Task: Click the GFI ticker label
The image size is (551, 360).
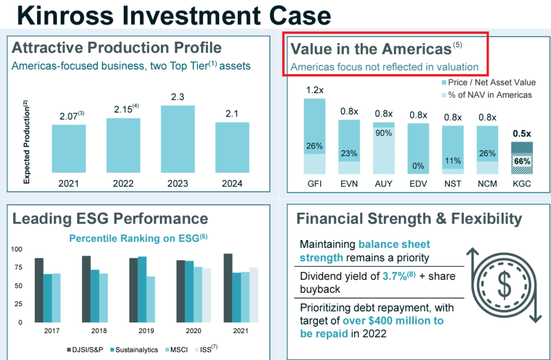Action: tap(315, 183)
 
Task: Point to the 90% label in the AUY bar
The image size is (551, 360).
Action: tap(384, 133)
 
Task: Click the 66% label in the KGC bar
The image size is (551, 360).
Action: tap(521, 161)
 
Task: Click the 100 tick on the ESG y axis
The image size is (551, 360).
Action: tap(18, 249)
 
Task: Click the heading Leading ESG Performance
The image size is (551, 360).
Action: tap(110, 218)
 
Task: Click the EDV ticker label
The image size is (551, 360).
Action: tap(418, 183)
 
